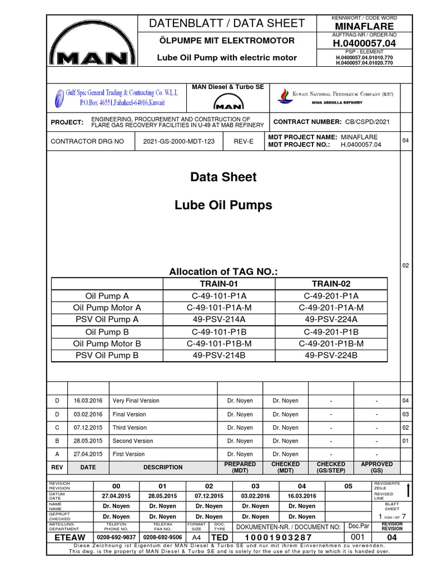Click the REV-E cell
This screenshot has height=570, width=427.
(243, 142)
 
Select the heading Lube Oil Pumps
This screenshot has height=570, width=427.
(224, 205)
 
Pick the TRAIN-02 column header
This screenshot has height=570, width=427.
(331, 283)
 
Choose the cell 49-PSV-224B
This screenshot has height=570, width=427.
(331, 355)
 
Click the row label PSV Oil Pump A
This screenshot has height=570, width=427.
(107, 319)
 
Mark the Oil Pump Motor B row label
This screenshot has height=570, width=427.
(107, 343)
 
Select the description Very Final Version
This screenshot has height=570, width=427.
(136, 401)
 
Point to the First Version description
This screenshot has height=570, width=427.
(128, 454)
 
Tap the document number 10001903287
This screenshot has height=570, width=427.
(272, 538)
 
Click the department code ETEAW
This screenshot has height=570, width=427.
(69, 538)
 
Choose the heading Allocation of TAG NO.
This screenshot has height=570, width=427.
(223, 272)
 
